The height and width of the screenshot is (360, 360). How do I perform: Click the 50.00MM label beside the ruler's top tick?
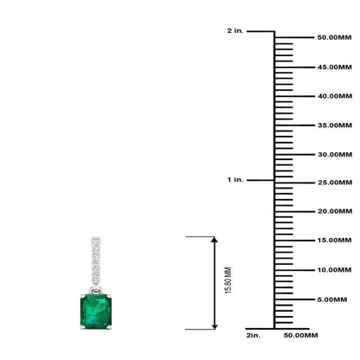[x=334, y=37]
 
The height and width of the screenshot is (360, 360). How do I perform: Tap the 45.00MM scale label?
[x=335, y=67]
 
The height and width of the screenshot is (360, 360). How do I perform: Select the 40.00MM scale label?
[x=335, y=96]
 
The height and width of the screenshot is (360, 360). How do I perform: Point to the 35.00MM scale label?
[x=335, y=125]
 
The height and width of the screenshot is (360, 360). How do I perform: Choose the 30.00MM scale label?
[x=335, y=155]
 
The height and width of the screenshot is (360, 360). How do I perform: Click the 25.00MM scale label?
[x=335, y=183]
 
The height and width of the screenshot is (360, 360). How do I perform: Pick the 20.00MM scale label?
[x=335, y=211]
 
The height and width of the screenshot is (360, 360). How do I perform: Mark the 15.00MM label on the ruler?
[x=335, y=241]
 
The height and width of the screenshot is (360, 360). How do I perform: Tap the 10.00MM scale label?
[x=335, y=270]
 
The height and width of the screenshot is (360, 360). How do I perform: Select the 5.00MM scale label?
[x=332, y=299]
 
